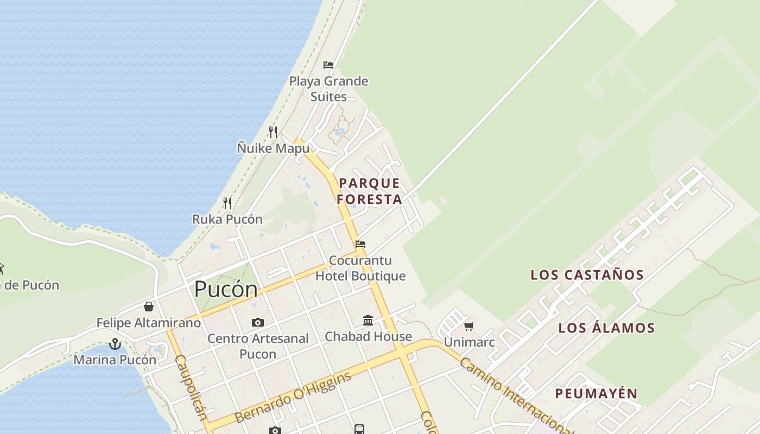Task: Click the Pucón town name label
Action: click(226, 289)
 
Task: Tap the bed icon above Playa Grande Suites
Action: click(328, 65)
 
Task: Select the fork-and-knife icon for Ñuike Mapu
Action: click(273, 132)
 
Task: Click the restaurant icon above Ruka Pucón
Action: click(227, 203)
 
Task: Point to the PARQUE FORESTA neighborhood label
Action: click(369, 191)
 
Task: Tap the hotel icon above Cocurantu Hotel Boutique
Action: click(360, 244)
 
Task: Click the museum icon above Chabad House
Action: click(368, 320)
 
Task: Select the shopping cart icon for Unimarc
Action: click(469, 326)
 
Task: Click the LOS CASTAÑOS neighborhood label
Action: click(587, 275)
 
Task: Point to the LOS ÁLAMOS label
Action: click(606, 328)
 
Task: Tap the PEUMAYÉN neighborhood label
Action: click(596, 393)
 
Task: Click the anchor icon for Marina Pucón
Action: click(115, 344)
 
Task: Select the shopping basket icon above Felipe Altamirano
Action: click(149, 307)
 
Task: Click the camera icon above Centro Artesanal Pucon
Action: click(258, 323)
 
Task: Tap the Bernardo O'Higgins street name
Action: click(293, 398)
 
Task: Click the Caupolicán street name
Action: click(191, 387)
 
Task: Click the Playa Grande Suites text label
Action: click(328, 89)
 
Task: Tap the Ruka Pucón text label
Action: click(227, 219)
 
